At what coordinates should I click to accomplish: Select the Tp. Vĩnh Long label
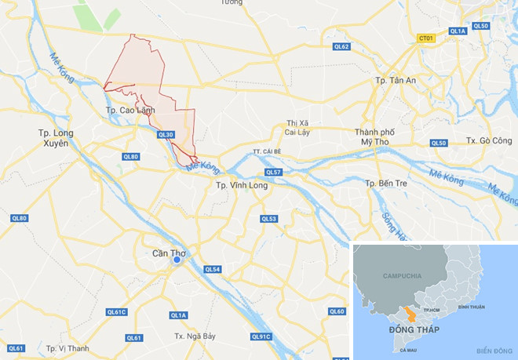coord(242,185)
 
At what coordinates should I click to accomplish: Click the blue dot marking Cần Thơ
coord(178,261)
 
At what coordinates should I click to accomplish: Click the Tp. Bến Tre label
coord(389,183)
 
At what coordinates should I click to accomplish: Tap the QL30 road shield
coord(165,135)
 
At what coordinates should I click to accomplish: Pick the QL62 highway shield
coord(341,46)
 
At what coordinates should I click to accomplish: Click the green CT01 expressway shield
coord(426,38)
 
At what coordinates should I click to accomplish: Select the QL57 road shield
coord(272,172)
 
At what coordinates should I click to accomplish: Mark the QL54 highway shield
coord(212,269)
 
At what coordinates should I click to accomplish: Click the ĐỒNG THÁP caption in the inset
coord(414,329)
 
